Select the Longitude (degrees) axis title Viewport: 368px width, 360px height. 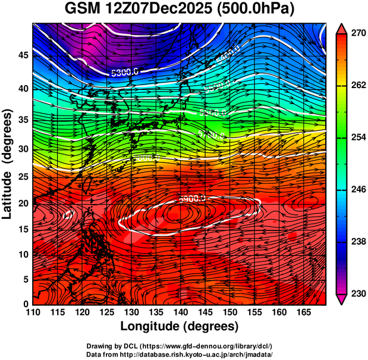(x=180, y=326)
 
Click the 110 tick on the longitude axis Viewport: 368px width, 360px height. (x=33, y=311)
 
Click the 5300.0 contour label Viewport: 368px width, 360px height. (x=125, y=72)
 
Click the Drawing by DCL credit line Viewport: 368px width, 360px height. (x=180, y=346)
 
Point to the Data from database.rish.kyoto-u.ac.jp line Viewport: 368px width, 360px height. (x=180, y=353)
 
